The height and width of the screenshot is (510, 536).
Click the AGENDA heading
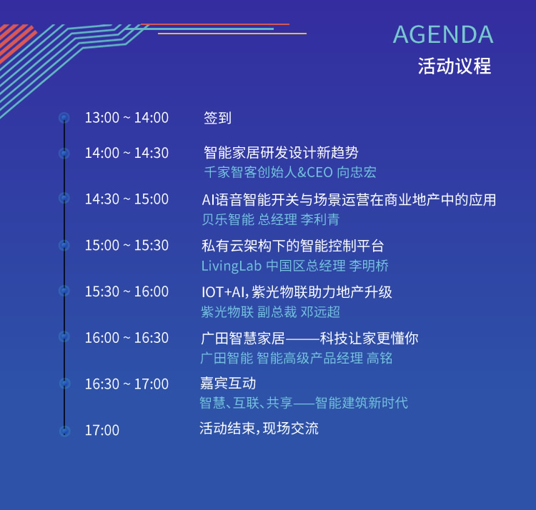(443, 34)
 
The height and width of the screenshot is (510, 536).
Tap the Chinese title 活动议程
(455, 66)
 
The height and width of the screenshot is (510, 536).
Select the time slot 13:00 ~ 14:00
(126, 118)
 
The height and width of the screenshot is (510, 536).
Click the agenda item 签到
(217, 118)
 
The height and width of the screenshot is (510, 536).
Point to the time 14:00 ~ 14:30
(126, 153)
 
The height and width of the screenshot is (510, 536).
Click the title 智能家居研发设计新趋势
(281, 152)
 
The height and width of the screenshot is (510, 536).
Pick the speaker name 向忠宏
(357, 172)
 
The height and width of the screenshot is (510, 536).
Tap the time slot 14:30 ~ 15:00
(126, 199)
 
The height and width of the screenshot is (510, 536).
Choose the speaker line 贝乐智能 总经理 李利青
(270, 219)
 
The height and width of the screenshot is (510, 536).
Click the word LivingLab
(232, 266)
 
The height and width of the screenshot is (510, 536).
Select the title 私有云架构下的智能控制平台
(292, 246)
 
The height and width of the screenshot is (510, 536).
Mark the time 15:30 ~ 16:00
(126, 291)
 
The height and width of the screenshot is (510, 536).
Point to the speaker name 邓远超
(320, 312)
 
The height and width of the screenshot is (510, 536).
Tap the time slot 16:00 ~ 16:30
(126, 337)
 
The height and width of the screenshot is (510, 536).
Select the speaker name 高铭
(379, 358)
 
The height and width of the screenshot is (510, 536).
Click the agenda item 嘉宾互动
(228, 383)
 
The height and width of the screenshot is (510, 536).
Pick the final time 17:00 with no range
(102, 430)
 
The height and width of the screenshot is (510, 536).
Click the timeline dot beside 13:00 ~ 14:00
(64, 118)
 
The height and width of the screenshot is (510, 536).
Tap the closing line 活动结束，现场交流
(259, 429)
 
